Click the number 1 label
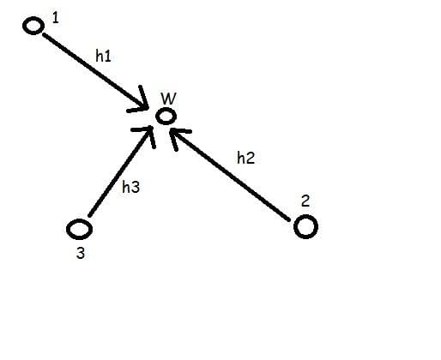pyautogui.click(x=56, y=18)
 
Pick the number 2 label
pyautogui.click(x=305, y=201)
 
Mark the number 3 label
pyautogui.click(x=81, y=253)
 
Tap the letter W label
pyautogui.click(x=168, y=99)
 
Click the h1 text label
pyautogui.click(x=103, y=56)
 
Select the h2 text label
pyautogui.click(x=245, y=158)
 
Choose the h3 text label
pyautogui.click(x=130, y=187)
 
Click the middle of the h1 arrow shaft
pyautogui.click(x=95, y=71)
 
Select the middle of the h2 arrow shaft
pyautogui.click(x=229, y=175)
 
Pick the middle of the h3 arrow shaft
pyautogui.click(x=120, y=171)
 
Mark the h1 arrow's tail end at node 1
pyautogui.click(x=44, y=34)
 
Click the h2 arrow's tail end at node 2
pyautogui.click(x=289, y=220)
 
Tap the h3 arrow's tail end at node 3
pyautogui.click(x=89, y=216)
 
